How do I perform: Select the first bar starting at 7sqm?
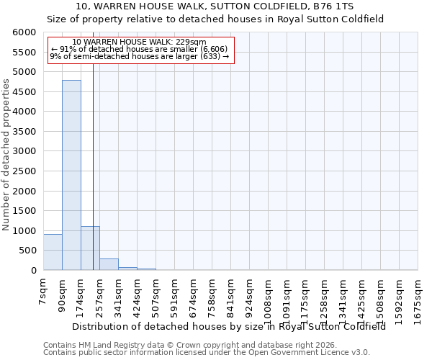[x=53, y=252]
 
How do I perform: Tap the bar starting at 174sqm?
[x=90, y=248]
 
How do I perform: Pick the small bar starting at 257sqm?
[x=109, y=264]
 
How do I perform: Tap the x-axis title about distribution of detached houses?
[x=228, y=326]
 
